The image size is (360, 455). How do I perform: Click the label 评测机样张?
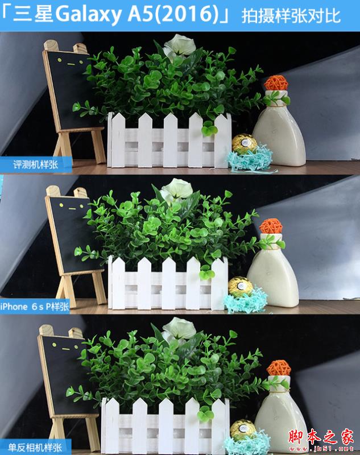36,165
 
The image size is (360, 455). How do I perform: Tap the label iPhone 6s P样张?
35,307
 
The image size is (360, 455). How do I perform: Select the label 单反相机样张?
35,448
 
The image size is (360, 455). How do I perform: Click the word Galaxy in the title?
89,15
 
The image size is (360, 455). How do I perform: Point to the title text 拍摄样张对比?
291,16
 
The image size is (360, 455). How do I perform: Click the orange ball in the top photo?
276,82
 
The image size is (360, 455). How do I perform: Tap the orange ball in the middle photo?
271,226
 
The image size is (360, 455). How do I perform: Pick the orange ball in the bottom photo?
279,368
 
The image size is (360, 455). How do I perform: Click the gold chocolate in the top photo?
244,144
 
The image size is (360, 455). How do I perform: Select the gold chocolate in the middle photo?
241,287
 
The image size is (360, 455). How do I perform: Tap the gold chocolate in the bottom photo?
243,429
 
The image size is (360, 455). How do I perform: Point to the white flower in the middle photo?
176,190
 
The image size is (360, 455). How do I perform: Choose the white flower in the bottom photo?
179,330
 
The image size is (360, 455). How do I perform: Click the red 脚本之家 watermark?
321,437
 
